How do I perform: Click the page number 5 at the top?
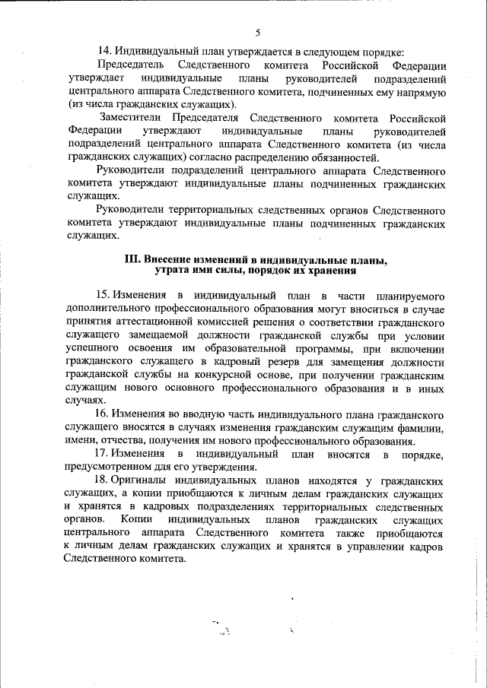257,33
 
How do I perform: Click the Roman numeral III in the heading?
133,260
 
